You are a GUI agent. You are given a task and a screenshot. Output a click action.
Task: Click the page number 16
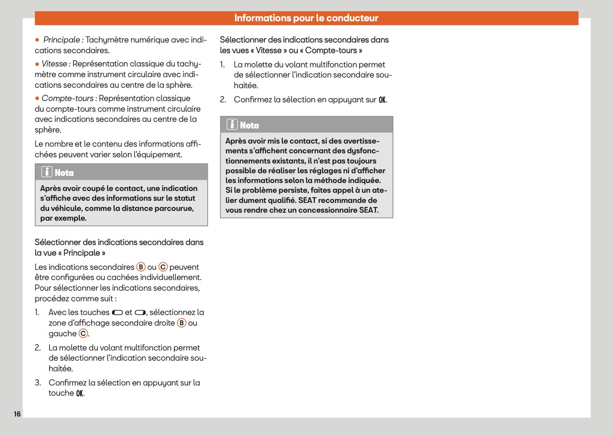pyautogui.click(x=17, y=414)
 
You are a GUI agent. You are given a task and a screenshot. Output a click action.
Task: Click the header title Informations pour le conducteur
pyautogui.click(x=306, y=18)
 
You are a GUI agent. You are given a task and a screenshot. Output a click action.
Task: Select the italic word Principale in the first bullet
pyautogui.click(x=62, y=40)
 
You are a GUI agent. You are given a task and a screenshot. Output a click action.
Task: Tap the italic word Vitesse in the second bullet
pyautogui.click(x=54, y=64)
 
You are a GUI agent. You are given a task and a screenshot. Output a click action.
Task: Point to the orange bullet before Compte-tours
pyautogui.click(x=37, y=98)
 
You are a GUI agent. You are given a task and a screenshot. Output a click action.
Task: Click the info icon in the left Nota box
pyautogui.click(x=46, y=172)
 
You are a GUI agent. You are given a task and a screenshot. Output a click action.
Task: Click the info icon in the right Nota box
pyautogui.click(x=232, y=125)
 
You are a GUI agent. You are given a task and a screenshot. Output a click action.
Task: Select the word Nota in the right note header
pyautogui.click(x=249, y=125)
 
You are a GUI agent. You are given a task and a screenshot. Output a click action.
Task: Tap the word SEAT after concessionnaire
pyautogui.click(x=368, y=210)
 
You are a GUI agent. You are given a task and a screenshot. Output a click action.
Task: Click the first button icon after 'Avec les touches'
pyautogui.click(x=117, y=313)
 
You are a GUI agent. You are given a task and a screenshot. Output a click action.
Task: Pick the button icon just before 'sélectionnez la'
pyautogui.click(x=140, y=313)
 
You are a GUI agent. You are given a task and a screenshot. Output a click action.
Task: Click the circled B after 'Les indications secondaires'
pyautogui.click(x=141, y=267)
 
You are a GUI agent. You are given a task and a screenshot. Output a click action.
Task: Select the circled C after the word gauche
pyautogui.click(x=83, y=334)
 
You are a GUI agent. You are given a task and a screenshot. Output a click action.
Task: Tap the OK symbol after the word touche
pyautogui.click(x=80, y=393)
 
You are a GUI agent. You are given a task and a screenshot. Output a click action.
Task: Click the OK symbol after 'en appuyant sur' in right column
pyautogui.click(x=382, y=100)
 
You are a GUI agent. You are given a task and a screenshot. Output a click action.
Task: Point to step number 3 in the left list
pyautogui.click(x=38, y=382)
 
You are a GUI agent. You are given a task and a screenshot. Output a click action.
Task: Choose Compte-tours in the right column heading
pyautogui.click(x=331, y=51)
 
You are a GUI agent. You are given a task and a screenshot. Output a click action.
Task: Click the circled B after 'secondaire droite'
pyautogui.click(x=181, y=323)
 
